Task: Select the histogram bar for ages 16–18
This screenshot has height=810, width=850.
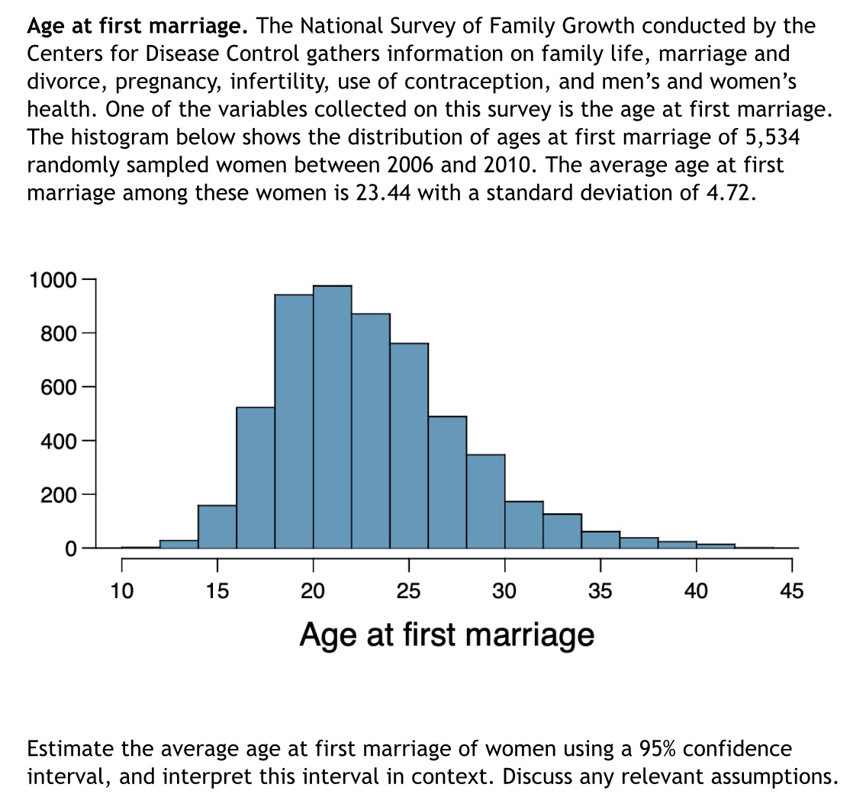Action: click(256, 477)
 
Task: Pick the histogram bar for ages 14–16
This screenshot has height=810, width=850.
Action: click(217, 526)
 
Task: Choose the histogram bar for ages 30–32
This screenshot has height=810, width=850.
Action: click(523, 525)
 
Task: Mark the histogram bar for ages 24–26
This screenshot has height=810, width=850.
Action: click(409, 445)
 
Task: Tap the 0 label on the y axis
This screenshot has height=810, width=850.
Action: click(69, 548)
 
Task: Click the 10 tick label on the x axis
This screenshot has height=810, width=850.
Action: click(121, 590)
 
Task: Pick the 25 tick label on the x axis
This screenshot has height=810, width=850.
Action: click(409, 590)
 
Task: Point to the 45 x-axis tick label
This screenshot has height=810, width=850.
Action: click(792, 590)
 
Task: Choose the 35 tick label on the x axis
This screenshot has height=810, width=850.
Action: click(600, 590)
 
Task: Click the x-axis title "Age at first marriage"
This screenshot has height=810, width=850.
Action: click(446, 634)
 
